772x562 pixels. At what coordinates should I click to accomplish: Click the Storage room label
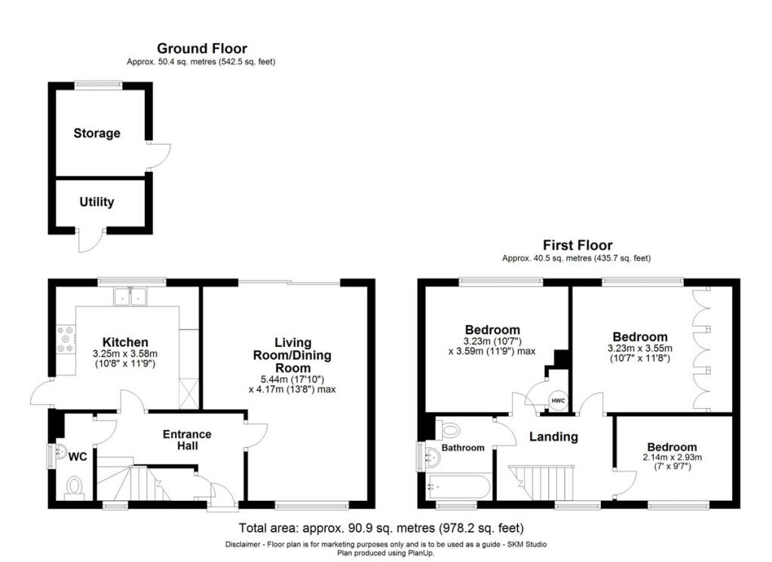[x=96, y=134]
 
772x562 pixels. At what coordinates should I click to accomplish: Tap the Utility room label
[x=96, y=201]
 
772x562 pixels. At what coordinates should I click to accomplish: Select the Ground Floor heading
[x=201, y=49]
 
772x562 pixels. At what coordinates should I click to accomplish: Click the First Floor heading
[x=577, y=245]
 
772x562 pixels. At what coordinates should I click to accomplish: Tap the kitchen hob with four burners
[x=66, y=339]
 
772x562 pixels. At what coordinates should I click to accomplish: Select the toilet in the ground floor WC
[x=75, y=487]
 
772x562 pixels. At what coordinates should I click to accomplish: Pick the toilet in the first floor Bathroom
[x=450, y=430]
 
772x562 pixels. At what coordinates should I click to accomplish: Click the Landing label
[x=553, y=437]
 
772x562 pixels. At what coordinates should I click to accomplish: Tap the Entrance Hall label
[x=188, y=440]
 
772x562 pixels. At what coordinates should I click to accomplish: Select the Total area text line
[x=381, y=527]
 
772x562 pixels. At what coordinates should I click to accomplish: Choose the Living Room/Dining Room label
[x=293, y=355]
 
